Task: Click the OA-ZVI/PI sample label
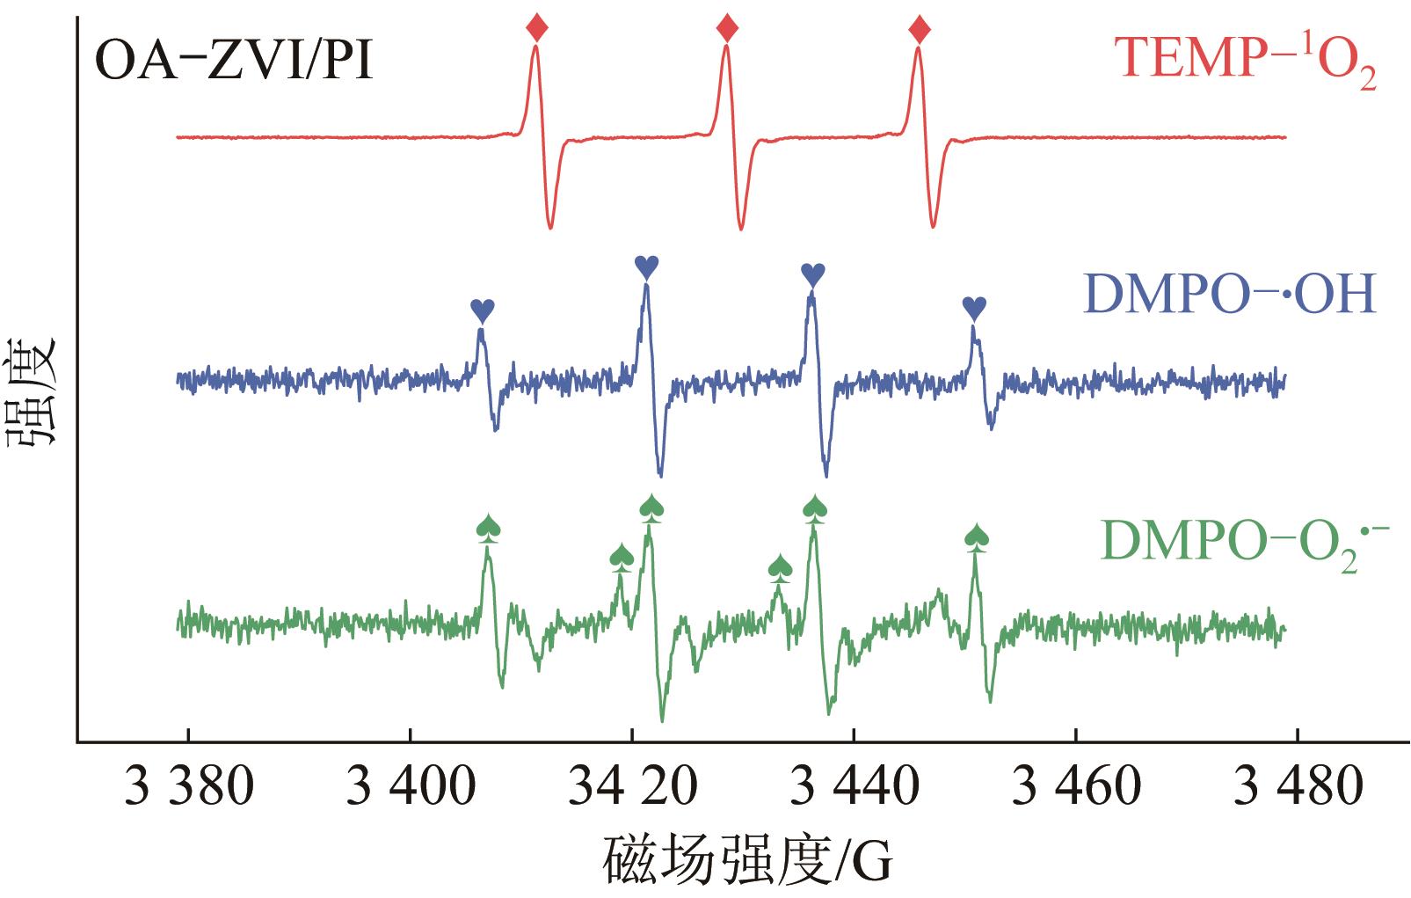pos(234,62)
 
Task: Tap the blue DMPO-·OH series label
pos(1230,295)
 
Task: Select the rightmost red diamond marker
pos(920,30)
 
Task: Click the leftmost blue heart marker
pos(483,310)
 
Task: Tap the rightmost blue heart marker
pos(974,307)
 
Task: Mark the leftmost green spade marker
pos(488,527)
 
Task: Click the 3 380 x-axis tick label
pos(189,789)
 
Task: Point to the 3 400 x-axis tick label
pos(411,789)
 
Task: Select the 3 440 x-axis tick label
pos(854,789)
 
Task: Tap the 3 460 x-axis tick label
pos(1076,789)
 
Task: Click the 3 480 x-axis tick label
pos(1298,789)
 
